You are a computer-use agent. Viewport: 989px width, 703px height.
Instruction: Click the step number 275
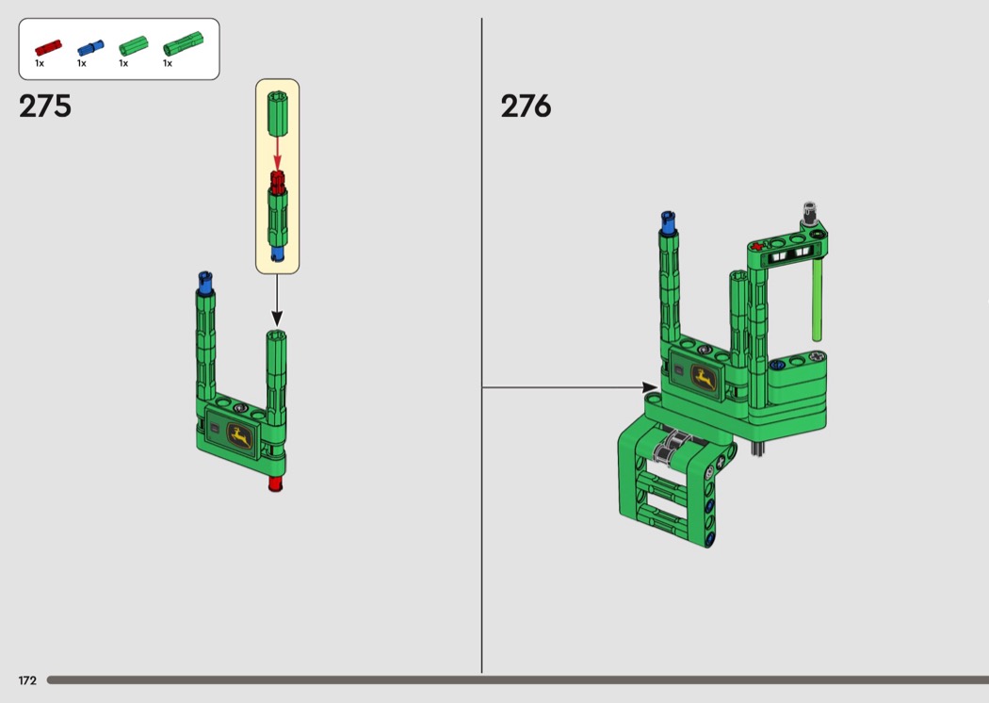pyautogui.click(x=45, y=106)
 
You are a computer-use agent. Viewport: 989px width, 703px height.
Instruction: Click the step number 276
pyautogui.click(x=526, y=106)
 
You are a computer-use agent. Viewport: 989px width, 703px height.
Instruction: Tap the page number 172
pyautogui.click(x=27, y=680)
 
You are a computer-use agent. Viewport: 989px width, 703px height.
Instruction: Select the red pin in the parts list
pyautogui.click(x=48, y=48)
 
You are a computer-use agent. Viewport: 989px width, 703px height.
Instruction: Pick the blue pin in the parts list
pyautogui.click(x=90, y=48)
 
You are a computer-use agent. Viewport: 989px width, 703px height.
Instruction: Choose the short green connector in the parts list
pyautogui.click(x=133, y=46)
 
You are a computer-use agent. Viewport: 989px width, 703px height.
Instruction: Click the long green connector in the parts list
pyautogui.click(x=183, y=44)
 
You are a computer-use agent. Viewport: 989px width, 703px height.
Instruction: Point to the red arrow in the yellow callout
pyautogui.click(x=277, y=154)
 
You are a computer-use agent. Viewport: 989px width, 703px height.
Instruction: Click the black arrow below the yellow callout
pyautogui.click(x=276, y=301)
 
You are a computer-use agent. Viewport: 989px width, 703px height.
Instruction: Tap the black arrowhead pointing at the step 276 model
pyautogui.click(x=650, y=387)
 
